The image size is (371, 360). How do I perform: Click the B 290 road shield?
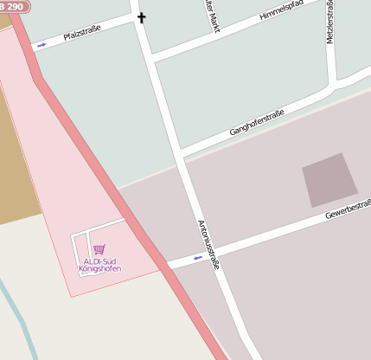tap(12, 5)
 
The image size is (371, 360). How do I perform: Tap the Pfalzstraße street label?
tap(82, 35)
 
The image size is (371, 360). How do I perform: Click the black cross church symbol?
tap(141, 16)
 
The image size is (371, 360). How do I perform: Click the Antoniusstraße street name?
tap(208, 243)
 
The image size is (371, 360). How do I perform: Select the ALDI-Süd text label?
tap(99, 261)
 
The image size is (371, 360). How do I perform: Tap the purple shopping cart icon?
tap(99, 250)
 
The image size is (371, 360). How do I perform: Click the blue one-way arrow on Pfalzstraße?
tap(42, 44)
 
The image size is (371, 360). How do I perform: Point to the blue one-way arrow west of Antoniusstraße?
tap(198, 257)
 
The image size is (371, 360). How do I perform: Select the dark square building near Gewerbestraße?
tap(329, 179)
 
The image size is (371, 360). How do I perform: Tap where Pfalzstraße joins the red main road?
tap(33, 48)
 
